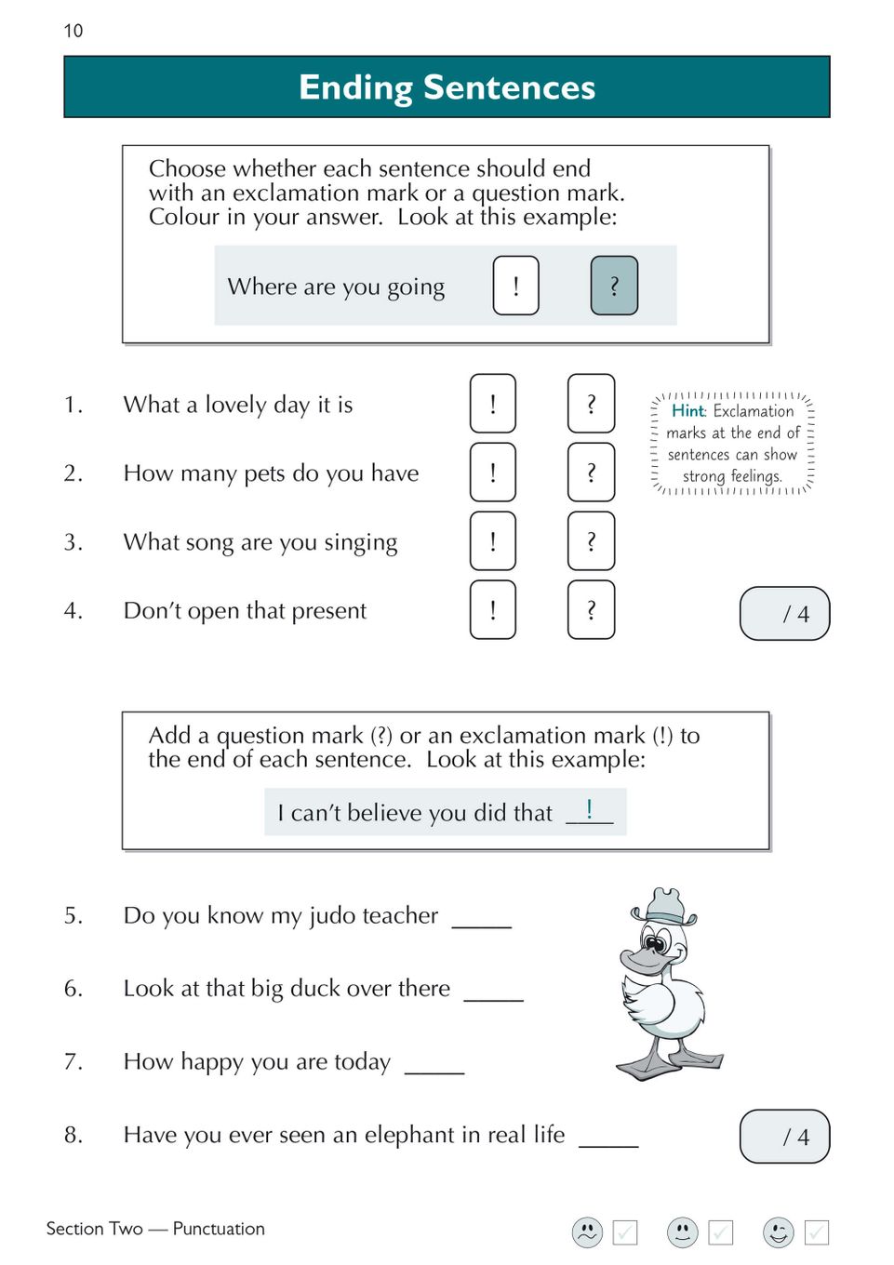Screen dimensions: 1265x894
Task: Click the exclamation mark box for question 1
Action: (492, 404)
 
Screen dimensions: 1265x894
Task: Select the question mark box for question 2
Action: (591, 473)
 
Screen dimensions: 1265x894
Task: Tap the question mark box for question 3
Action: (591, 541)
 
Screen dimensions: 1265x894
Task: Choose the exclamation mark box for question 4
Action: (492, 610)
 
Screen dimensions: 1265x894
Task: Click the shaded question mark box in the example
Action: (614, 286)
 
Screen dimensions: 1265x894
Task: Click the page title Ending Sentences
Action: (447, 87)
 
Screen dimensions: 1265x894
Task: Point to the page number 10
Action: (73, 31)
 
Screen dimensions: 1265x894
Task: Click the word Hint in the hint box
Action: (688, 410)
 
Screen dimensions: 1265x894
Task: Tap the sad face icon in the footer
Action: (587, 1232)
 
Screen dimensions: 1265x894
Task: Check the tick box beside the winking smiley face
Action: (816, 1232)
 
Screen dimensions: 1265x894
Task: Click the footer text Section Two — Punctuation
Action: (155, 1229)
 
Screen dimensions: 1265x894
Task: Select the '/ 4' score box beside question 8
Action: (784, 1136)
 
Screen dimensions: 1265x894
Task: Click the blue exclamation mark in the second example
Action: (589, 808)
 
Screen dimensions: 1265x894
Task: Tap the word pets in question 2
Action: (264, 474)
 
